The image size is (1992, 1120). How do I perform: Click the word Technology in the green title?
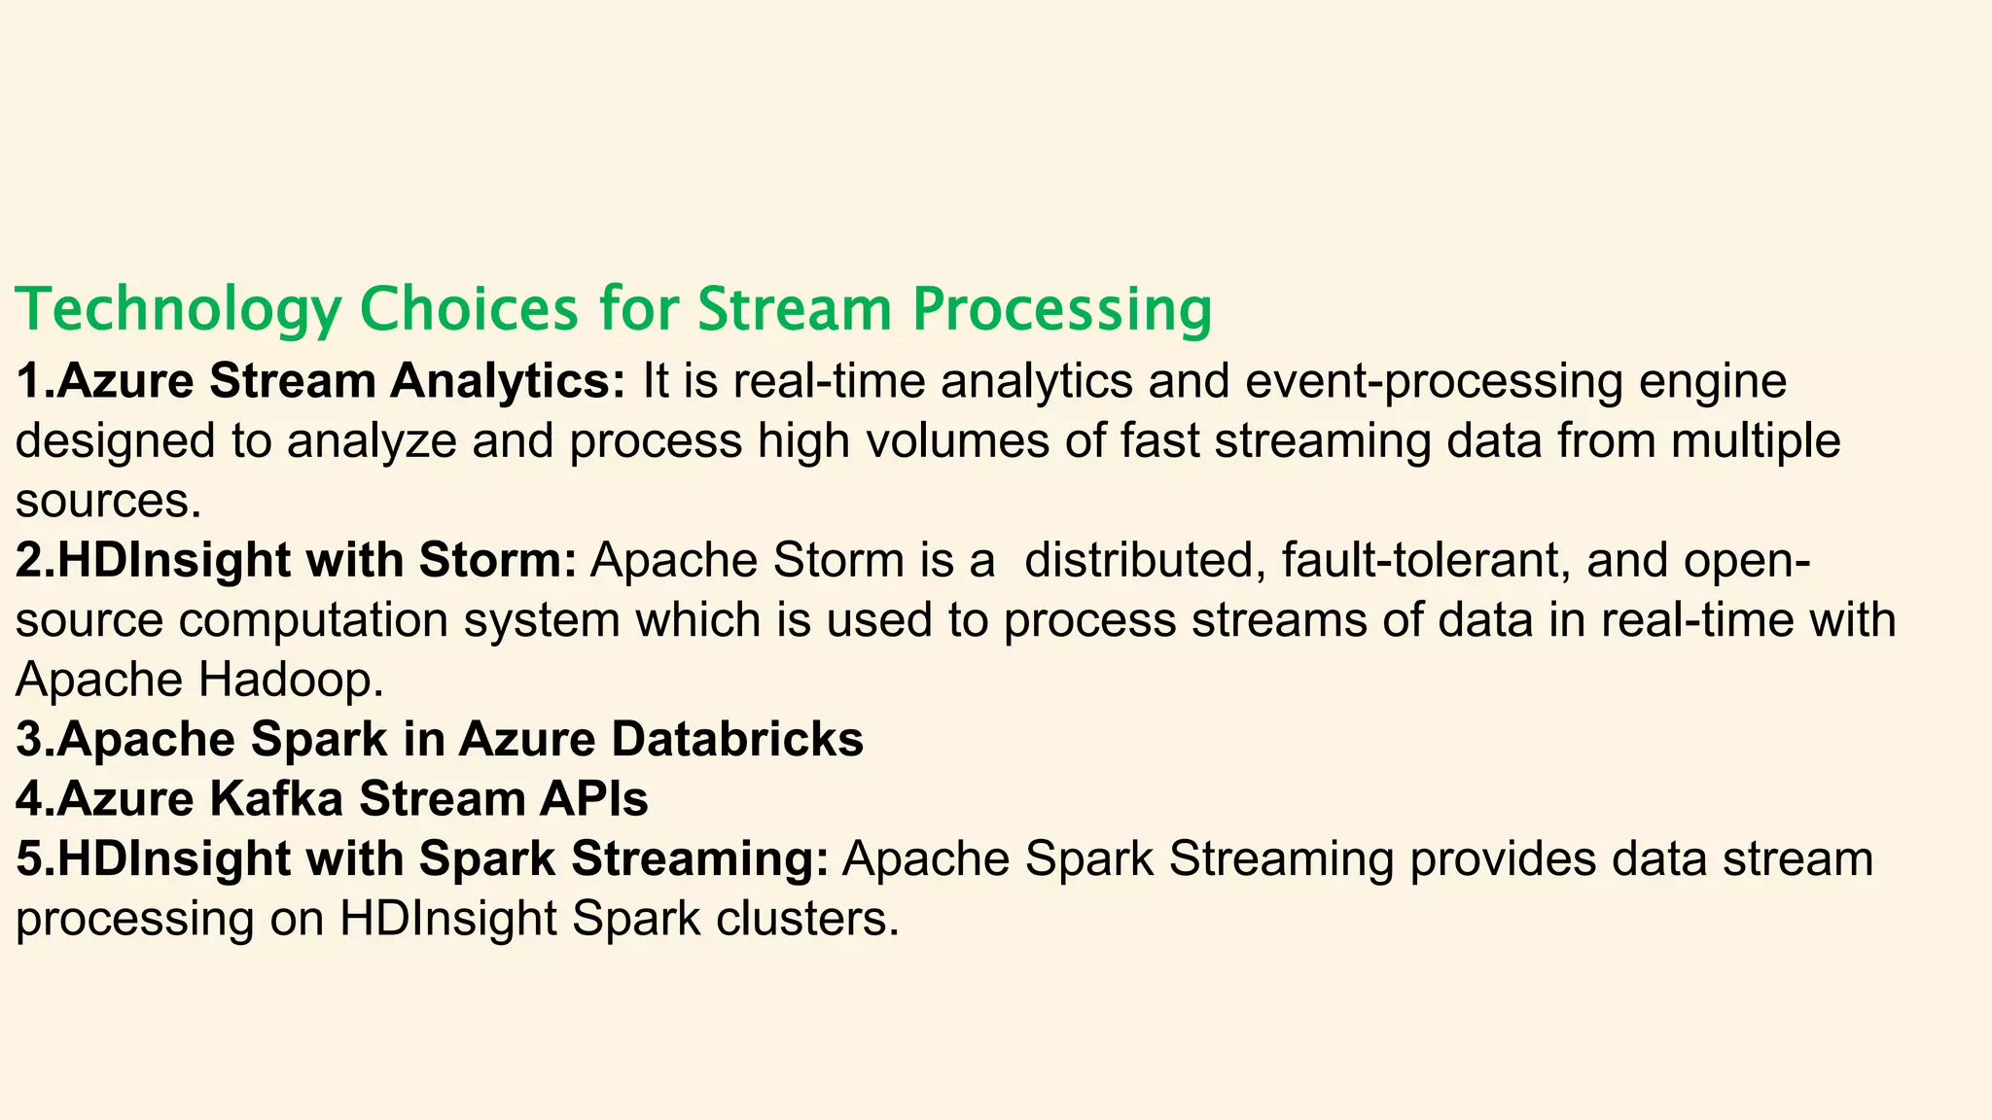[178, 310]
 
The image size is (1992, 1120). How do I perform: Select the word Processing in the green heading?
[1061, 310]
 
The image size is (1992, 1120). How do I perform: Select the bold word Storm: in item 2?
[498, 561]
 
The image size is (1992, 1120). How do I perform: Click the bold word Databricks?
[736, 740]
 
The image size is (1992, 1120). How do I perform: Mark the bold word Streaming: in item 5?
[699, 860]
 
